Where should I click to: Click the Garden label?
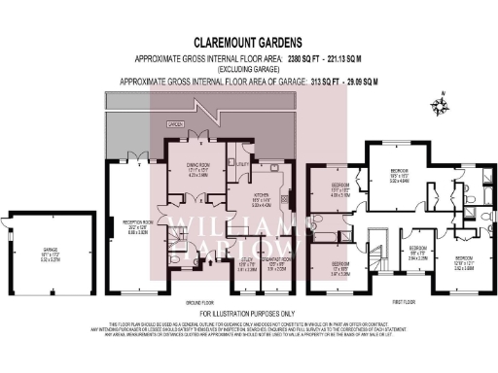click(x=175, y=125)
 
